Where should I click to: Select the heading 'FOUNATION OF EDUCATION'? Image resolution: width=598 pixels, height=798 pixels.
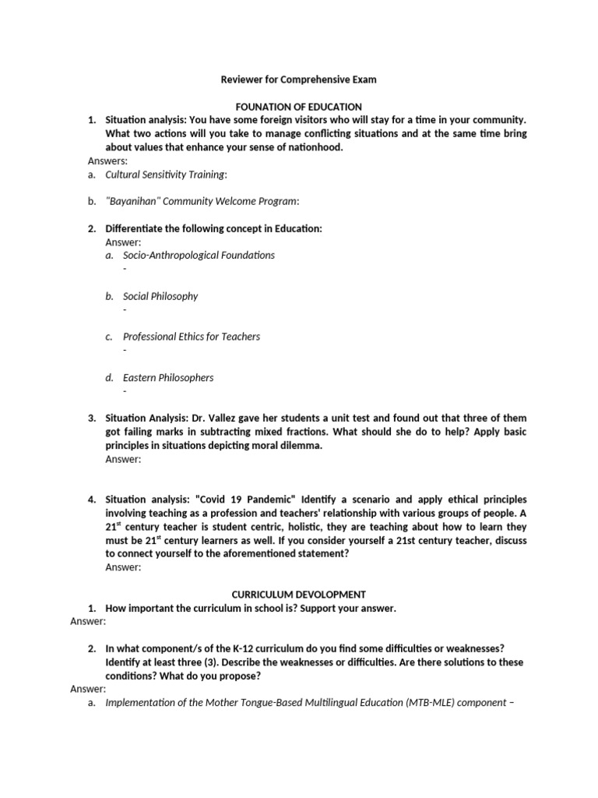click(x=299, y=107)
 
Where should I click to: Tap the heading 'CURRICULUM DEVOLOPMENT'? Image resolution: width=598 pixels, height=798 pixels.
click(x=299, y=595)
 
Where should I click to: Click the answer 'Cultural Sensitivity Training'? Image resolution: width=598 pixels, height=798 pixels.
click(x=166, y=175)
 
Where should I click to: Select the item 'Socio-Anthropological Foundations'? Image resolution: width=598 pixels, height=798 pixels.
click(x=199, y=255)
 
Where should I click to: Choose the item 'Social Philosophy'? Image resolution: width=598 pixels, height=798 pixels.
click(x=160, y=296)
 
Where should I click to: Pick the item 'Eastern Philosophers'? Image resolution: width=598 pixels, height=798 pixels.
click(x=168, y=377)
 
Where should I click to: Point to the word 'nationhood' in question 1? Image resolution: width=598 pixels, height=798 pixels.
click(x=314, y=147)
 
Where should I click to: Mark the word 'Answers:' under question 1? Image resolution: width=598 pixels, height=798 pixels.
click(x=107, y=161)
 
